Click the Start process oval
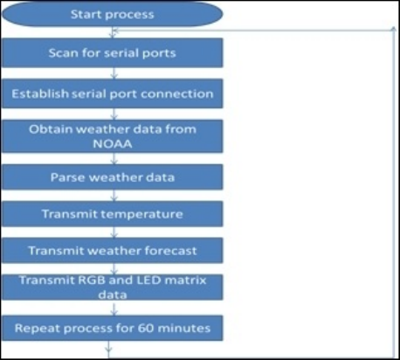[112, 14]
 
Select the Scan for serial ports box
[112, 53]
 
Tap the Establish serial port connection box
[112, 93]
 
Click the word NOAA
[113, 144]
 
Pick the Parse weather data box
[112, 177]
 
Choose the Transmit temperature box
[112, 214]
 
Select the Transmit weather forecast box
[112, 251]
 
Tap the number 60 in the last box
[146, 329]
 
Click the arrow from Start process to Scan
[114, 32]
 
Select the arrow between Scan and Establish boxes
[114, 73]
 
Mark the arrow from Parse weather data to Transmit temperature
[114, 196]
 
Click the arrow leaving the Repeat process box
[108, 349]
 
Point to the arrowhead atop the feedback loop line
[393, 29]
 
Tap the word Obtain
[50, 129]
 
